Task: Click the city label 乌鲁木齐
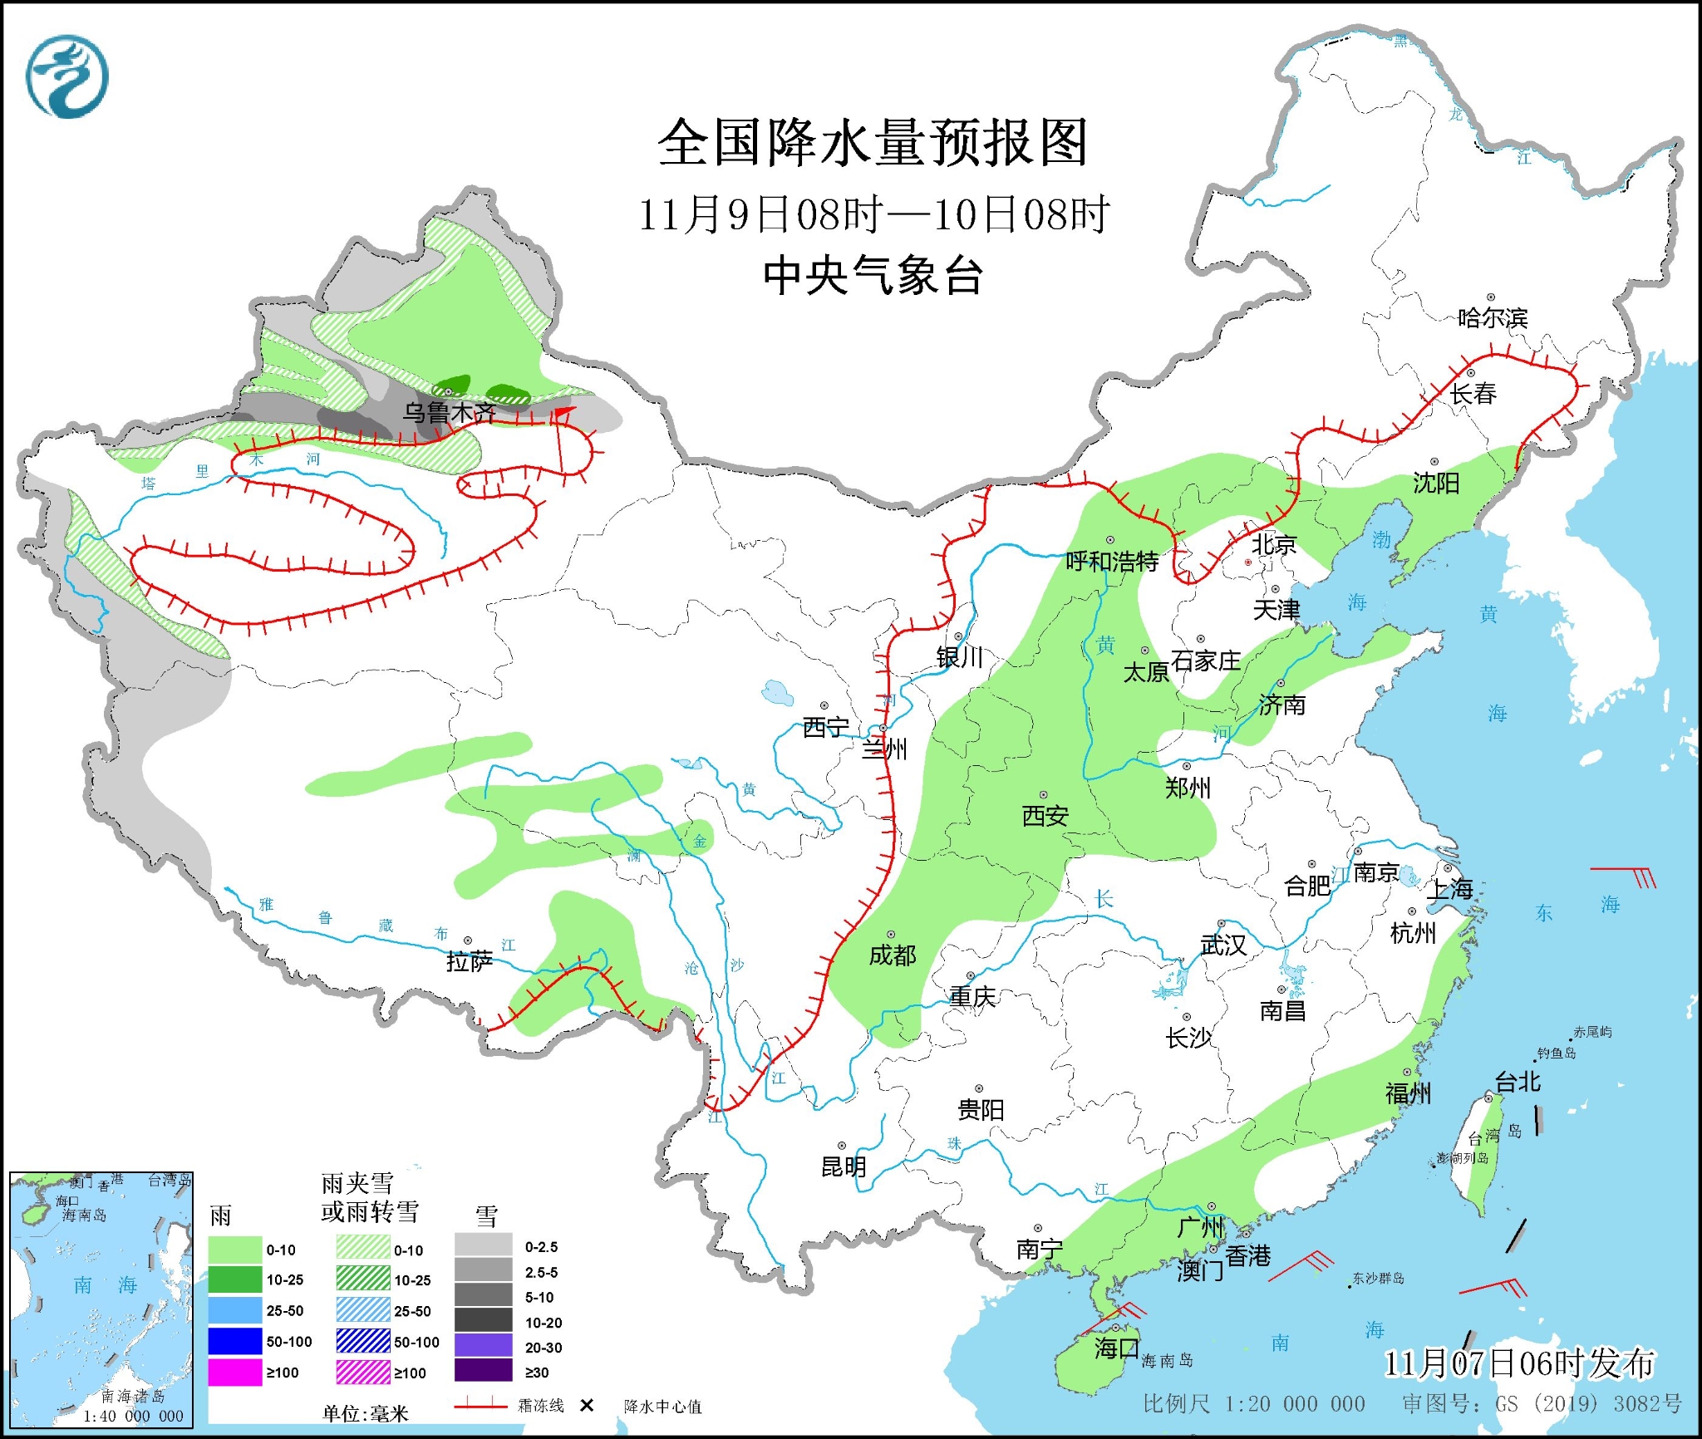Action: tap(449, 411)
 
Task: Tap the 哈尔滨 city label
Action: tap(1493, 317)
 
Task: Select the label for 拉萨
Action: tap(470, 961)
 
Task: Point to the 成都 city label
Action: tap(893, 955)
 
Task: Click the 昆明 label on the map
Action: tap(844, 1166)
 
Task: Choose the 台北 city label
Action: tap(1518, 1081)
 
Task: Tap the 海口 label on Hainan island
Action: tap(1116, 1348)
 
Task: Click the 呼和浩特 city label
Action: tap(1112, 562)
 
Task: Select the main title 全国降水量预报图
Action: tap(873, 143)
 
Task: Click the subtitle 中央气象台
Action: tap(873, 276)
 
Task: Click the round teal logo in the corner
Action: tap(67, 76)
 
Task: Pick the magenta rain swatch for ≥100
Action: tap(234, 1373)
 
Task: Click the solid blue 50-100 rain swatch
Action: tap(234, 1341)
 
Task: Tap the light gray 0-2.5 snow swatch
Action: tap(483, 1246)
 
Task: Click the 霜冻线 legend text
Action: tap(540, 1406)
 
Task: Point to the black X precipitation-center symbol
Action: tap(587, 1405)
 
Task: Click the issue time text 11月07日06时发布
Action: tap(1519, 1363)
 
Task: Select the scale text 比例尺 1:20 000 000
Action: tap(1253, 1404)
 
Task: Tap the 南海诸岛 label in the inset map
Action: tap(133, 1397)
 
